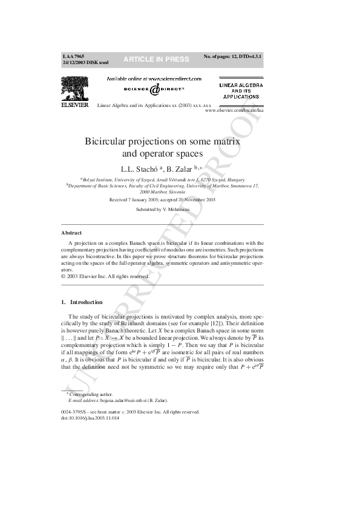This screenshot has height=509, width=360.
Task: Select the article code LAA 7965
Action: coord(73,56)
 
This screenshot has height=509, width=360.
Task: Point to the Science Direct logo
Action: coord(154,89)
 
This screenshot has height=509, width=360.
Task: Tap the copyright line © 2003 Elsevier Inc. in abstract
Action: coord(101,276)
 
